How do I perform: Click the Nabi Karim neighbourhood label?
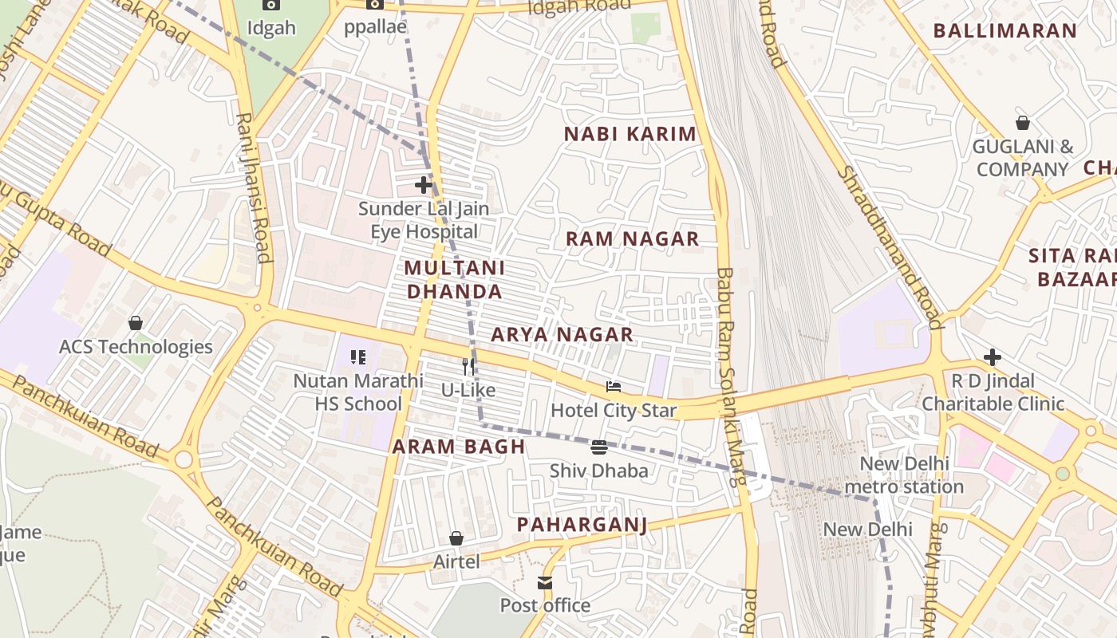click(630, 134)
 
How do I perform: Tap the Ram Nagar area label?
click(632, 238)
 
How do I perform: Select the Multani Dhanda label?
click(455, 280)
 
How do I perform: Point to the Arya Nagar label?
click(562, 335)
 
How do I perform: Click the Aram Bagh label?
click(459, 447)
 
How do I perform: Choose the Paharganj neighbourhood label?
click(582, 525)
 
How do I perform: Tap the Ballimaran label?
click(1005, 31)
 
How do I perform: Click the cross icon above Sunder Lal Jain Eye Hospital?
click(424, 186)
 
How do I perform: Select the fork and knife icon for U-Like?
click(469, 367)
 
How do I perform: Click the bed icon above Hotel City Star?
click(614, 388)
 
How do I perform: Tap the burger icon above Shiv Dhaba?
click(599, 447)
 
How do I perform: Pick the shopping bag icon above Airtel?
click(456, 539)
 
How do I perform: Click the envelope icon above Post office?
click(545, 583)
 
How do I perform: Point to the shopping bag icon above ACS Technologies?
click(136, 323)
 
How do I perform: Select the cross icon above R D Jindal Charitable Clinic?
click(993, 356)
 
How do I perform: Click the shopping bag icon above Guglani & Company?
click(1023, 123)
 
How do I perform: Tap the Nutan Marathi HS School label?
click(358, 392)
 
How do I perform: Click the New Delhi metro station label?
click(904, 475)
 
